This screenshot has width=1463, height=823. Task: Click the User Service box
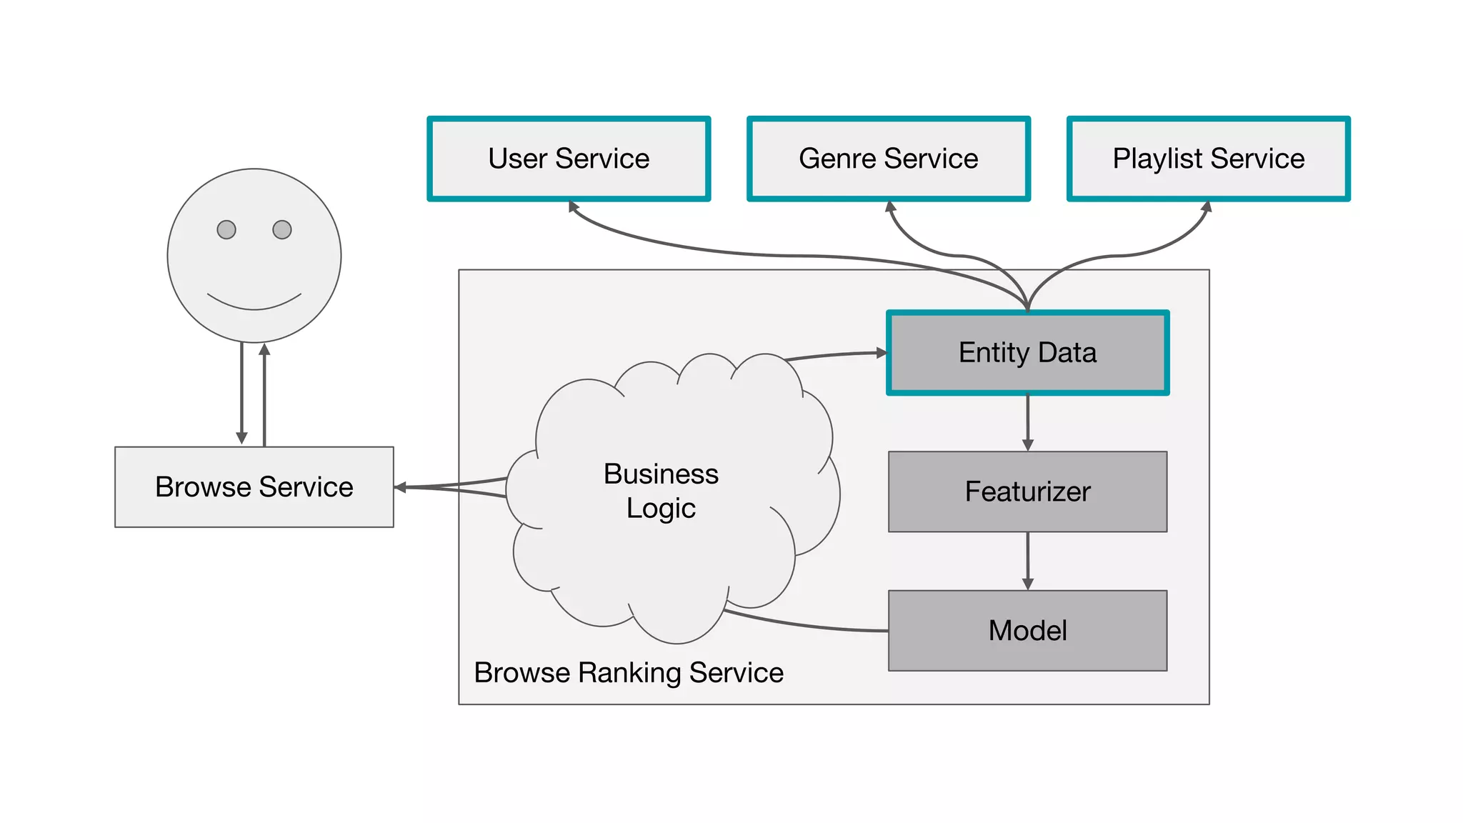tap(569, 159)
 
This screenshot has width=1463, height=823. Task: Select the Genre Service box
tap(888, 159)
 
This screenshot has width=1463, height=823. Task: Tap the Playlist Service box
tap(1208, 159)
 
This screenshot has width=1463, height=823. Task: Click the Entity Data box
tap(1027, 353)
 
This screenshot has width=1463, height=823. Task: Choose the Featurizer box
tap(1027, 492)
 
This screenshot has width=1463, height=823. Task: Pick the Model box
tap(1027, 631)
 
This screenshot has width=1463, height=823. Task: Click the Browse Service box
tap(254, 487)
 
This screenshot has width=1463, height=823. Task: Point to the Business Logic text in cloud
tap(661, 491)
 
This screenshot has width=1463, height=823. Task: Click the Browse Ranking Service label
tap(629, 673)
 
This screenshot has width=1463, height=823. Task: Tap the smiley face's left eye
tap(226, 229)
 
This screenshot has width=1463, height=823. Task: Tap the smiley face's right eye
tap(282, 229)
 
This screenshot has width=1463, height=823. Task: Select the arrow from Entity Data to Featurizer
tap(1028, 422)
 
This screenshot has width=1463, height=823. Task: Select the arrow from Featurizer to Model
tap(1028, 561)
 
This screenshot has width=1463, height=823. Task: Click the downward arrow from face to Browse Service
tap(241, 393)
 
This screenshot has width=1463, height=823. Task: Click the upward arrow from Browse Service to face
tap(264, 393)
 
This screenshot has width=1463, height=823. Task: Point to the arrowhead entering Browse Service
tap(400, 487)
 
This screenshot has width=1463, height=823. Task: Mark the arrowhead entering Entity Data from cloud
tap(882, 353)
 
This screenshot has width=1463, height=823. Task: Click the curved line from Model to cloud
tap(807, 626)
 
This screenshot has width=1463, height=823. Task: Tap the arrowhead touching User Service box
tap(573, 206)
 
